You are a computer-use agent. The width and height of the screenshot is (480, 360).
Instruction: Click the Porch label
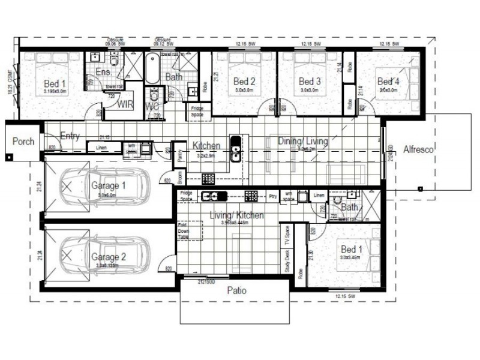(x=23, y=142)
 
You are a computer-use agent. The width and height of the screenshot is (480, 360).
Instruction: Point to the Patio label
(x=238, y=290)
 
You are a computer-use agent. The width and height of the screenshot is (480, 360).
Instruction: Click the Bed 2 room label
(x=244, y=82)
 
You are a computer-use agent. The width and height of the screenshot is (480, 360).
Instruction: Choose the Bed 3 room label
(x=310, y=82)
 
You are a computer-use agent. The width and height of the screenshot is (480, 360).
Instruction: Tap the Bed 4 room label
(x=388, y=82)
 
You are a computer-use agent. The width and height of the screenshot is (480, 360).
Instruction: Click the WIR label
(x=125, y=104)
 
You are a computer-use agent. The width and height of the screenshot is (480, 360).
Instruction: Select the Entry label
(x=70, y=137)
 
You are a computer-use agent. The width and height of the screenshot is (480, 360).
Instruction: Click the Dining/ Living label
(x=303, y=142)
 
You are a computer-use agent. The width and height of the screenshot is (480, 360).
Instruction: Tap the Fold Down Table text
(x=183, y=232)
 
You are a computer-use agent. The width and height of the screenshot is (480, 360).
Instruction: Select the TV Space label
(x=287, y=236)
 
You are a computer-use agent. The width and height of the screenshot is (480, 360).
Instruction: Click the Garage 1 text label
(x=108, y=186)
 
